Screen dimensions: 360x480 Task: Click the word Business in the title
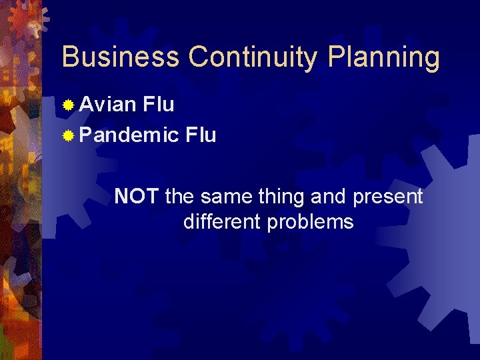120,57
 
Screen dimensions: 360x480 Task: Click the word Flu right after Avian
159,105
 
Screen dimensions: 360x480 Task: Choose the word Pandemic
129,135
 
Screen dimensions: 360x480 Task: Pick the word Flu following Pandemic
201,135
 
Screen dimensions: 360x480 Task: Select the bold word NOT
136,197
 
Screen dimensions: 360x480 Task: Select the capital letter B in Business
70,57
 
